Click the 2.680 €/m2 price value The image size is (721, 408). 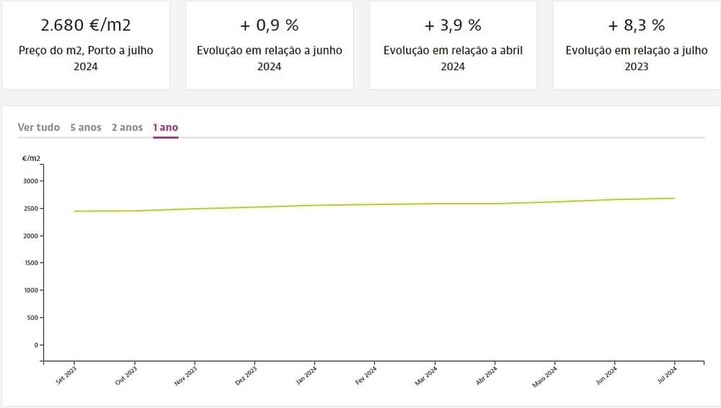(85, 25)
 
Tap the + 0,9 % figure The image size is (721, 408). (269, 25)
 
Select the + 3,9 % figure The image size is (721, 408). (453, 25)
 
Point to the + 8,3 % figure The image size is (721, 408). (637, 25)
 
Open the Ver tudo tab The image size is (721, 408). (39, 127)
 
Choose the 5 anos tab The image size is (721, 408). (86, 127)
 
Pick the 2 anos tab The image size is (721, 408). (127, 127)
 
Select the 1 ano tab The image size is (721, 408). (165, 127)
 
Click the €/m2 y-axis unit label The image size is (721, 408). (31, 157)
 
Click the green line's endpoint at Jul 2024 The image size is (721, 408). (674, 198)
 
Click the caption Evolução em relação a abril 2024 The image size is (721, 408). (453, 58)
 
